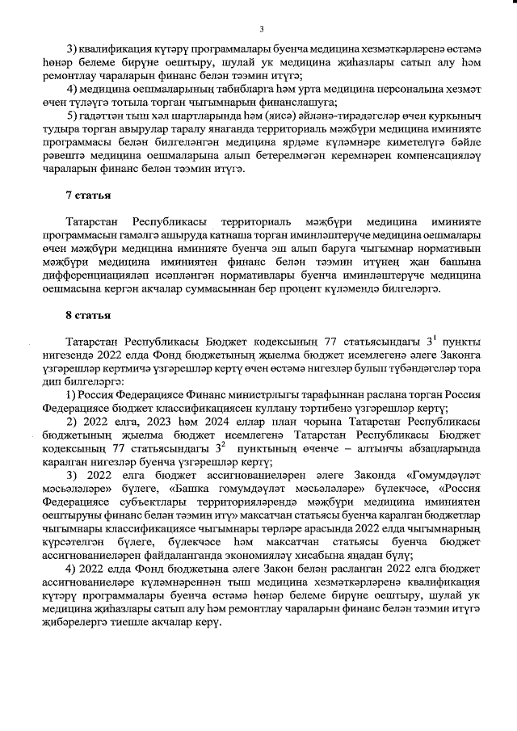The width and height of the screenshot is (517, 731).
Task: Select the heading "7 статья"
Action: coord(88,196)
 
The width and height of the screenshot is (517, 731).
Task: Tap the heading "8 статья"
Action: coord(88,315)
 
